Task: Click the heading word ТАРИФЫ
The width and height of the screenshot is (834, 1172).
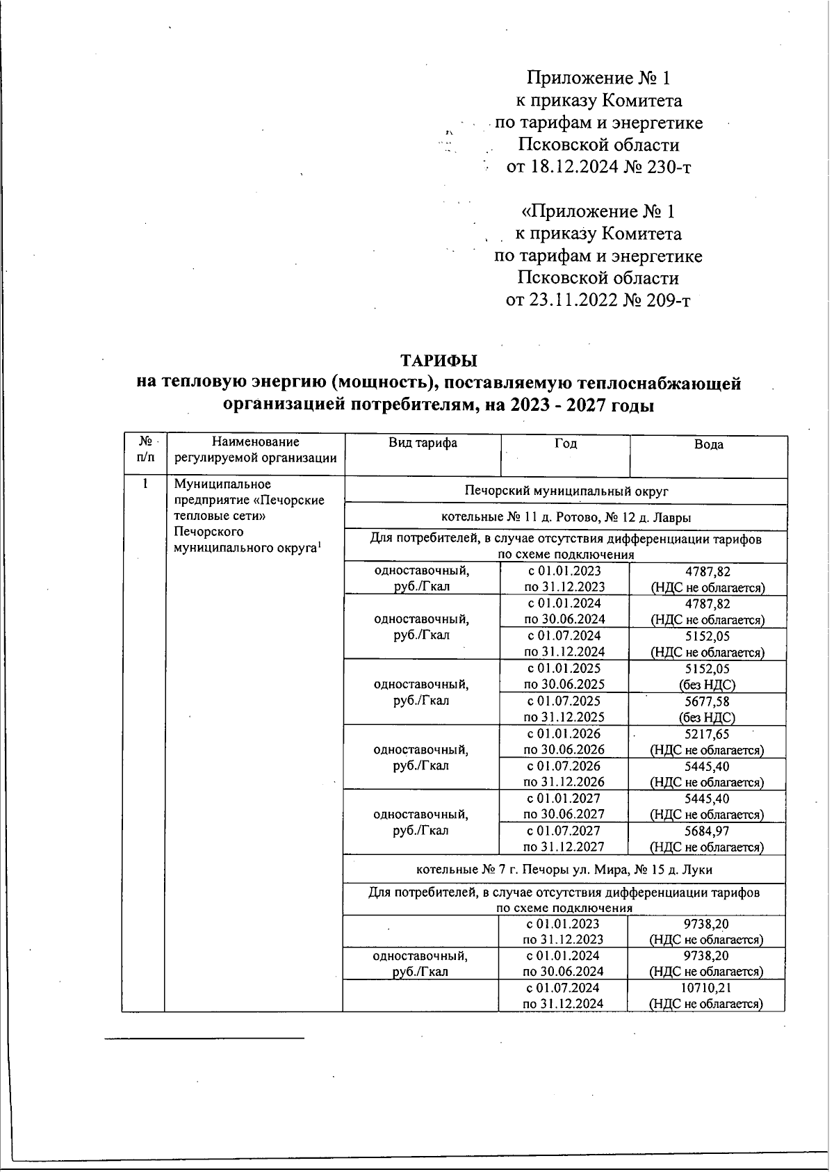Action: tap(439, 361)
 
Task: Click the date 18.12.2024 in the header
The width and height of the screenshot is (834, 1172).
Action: tap(573, 168)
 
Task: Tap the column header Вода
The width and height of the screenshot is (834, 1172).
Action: tap(708, 445)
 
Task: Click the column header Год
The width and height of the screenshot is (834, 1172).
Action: tap(566, 443)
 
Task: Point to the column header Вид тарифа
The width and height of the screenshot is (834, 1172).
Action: tap(423, 443)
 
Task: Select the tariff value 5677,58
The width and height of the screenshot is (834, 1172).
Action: tap(708, 701)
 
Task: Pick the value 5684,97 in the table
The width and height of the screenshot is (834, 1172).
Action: tap(707, 831)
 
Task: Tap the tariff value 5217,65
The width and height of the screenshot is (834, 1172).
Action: tap(707, 734)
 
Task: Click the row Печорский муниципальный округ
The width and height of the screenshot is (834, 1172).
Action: tap(566, 491)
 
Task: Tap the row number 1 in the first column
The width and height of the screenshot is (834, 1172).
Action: tap(145, 484)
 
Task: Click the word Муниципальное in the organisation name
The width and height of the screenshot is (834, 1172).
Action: tap(222, 484)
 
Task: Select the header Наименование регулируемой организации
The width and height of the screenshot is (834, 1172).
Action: tap(256, 450)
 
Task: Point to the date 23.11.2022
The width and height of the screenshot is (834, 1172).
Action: tap(573, 301)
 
